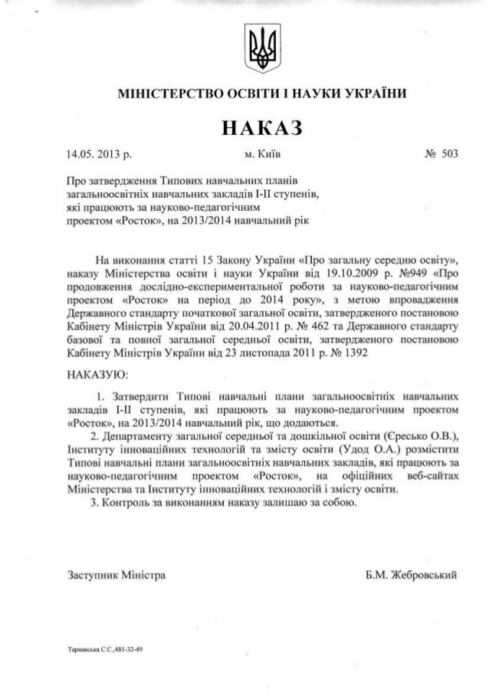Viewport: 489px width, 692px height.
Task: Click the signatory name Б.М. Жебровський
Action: (412, 574)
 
